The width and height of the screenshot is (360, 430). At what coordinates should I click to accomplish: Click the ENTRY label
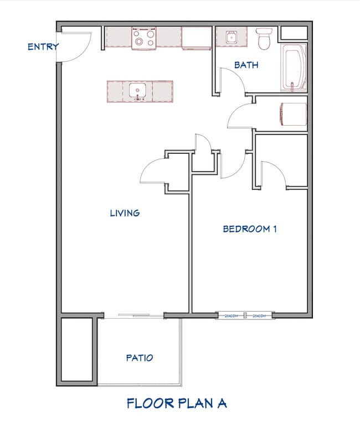click(43, 47)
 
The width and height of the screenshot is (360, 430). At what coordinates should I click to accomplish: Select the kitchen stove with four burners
click(143, 38)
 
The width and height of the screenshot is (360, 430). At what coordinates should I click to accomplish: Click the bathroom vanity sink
click(230, 38)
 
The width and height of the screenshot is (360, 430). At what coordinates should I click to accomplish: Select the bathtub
click(294, 68)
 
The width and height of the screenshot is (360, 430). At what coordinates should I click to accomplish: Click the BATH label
click(246, 65)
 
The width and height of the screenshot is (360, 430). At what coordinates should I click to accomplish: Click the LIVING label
click(125, 213)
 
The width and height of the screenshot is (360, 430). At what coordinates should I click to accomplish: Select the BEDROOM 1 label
click(249, 229)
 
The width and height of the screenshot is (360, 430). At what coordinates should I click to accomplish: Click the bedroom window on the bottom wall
click(245, 316)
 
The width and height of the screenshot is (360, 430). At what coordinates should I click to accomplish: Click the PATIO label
click(139, 358)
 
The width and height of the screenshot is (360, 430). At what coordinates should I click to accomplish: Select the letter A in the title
click(220, 403)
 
